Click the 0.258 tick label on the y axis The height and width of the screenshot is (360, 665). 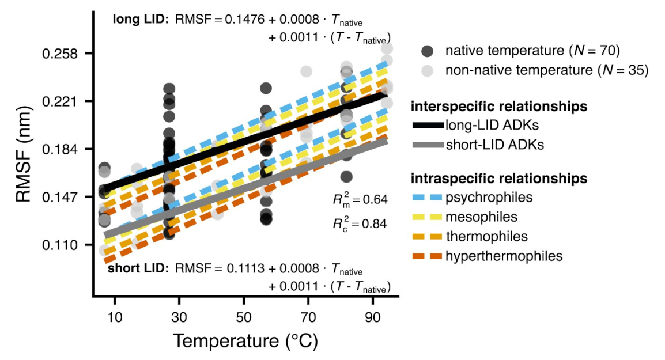coord(61,54)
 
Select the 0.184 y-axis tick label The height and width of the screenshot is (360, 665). coord(61,149)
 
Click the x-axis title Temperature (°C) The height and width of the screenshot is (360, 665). coord(245,340)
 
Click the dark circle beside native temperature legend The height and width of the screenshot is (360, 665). coord(427,51)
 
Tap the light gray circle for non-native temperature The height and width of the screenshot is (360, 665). coord(427,70)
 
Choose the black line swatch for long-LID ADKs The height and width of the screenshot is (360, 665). coord(427,124)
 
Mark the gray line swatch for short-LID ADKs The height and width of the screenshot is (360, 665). coord(427,145)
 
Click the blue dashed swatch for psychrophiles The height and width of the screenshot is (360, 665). coord(427,198)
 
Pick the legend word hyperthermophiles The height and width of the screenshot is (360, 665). coord(504,256)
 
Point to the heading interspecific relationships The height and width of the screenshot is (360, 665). coord(498,107)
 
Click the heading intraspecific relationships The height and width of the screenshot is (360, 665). coord(498,179)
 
